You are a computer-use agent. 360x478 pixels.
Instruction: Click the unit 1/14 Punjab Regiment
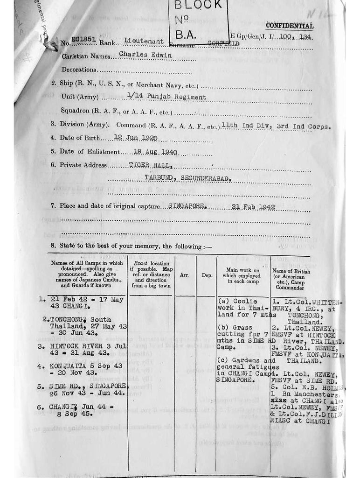pyautogui.click(x=166, y=97)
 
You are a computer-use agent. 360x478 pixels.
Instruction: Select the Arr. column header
pyautogui.click(x=185, y=275)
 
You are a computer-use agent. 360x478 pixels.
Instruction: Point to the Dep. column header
pyautogui.click(x=207, y=275)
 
